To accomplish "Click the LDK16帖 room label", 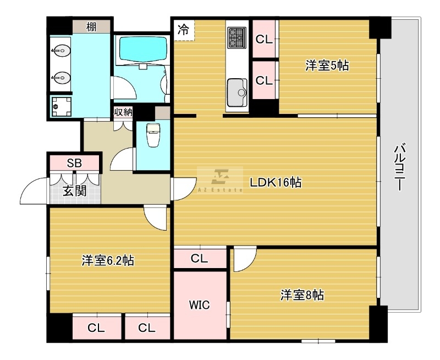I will click(275, 183).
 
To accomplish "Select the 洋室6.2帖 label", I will click(108, 260).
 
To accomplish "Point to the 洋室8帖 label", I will click(302, 296).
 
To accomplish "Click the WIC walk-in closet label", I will click(199, 305).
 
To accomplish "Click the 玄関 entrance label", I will click(74, 192).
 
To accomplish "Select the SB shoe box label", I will click(74, 163).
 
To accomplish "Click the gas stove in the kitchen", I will click(237, 36).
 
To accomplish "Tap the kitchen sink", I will click(237, 90).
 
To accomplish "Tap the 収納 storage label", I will click(123, 112).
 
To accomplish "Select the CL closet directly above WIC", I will click(200, 258).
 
